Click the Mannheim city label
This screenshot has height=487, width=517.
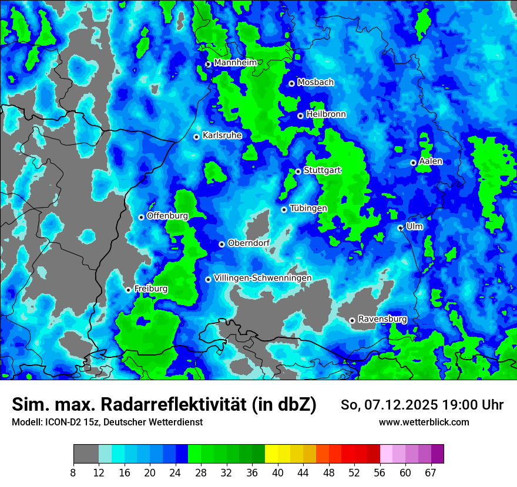pos(235,63)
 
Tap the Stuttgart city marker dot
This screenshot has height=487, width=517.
pos(298,171)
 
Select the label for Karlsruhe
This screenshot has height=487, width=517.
pos(222,136)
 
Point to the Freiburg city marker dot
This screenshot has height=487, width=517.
pos(128,290)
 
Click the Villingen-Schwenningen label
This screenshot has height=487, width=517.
pos(263,278)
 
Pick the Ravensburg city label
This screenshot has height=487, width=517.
pos(382,319)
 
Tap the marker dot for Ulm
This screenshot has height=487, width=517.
pos(400,228)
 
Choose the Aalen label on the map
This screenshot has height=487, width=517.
pos(431,161)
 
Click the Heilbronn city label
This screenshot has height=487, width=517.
pos(326,114)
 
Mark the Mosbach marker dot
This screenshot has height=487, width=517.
pos(291,83)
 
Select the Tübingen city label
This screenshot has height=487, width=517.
pos(308,208)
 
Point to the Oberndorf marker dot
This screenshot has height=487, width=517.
pos(221,244)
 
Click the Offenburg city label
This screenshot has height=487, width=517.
pos(167,216)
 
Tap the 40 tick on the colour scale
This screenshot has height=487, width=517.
pos(278,472)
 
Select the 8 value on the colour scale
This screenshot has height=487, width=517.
pos(73,472)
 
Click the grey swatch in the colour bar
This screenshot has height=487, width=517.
pos(86,454)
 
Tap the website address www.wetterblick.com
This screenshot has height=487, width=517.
pos(424,422)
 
